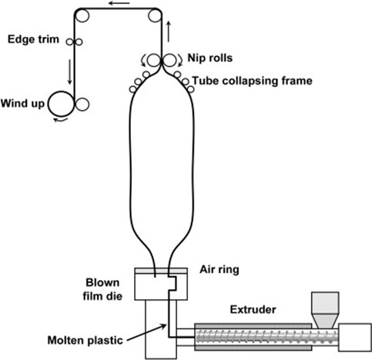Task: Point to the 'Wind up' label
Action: coord(23,102)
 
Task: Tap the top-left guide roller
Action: coord(81,15)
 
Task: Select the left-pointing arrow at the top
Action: coord(119,5)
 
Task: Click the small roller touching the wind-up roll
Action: coord(82,102)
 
